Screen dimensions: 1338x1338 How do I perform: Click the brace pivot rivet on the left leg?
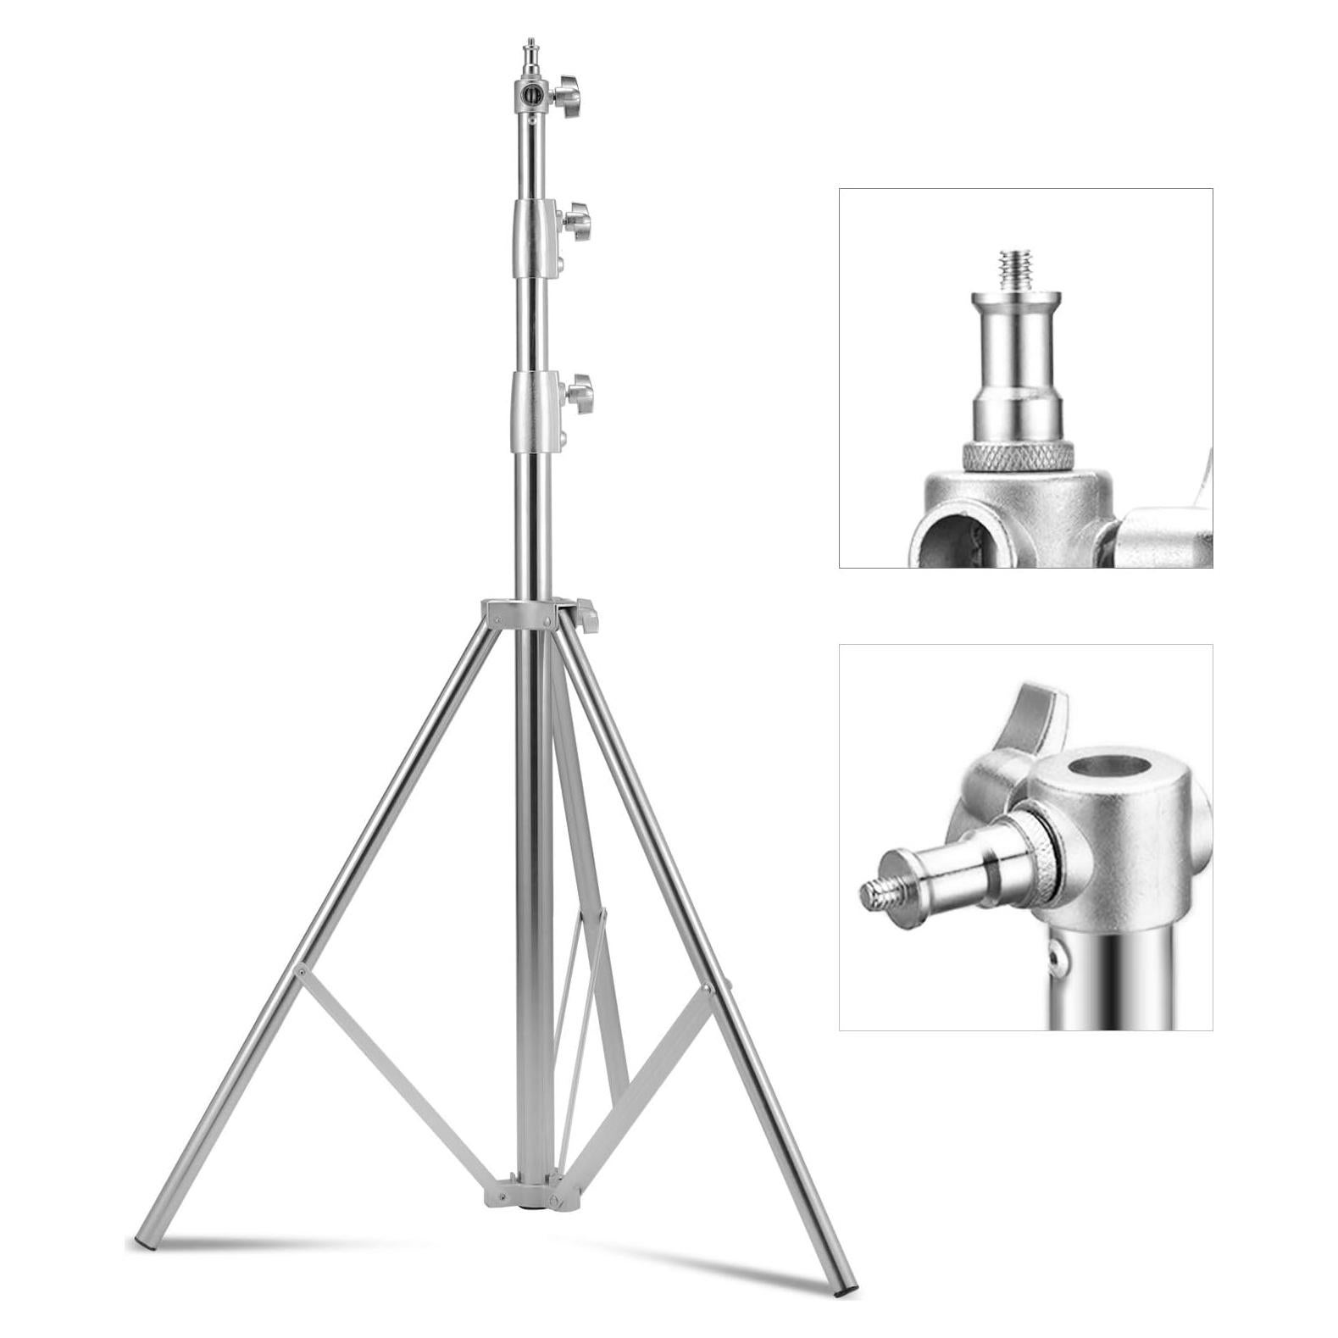click(300, 972)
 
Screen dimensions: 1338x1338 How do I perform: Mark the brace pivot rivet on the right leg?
click(705, 988)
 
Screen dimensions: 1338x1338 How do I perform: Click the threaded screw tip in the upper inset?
click(1013, 269)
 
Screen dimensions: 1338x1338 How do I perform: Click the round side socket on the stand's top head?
click(531, 94)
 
